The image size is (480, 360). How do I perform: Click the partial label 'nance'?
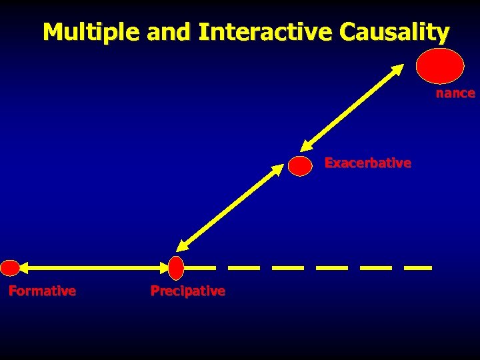point(455,93)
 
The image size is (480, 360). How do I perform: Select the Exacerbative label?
point(367,163)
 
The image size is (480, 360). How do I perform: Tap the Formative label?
point(42,291)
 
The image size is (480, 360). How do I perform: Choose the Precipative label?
point(187,291)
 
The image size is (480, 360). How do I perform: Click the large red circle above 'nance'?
point(440,67)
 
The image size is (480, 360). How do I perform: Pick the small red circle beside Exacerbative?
point(301,166)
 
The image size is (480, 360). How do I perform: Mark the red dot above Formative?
point(10,268)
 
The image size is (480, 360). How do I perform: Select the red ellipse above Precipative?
point(176,268)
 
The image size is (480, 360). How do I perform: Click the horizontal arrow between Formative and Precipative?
point(93,268)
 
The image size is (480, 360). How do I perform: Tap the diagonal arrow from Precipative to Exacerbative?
point(231,207)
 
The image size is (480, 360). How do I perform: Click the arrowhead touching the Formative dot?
point(24,268)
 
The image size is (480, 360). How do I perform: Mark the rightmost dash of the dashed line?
point(418,268)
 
